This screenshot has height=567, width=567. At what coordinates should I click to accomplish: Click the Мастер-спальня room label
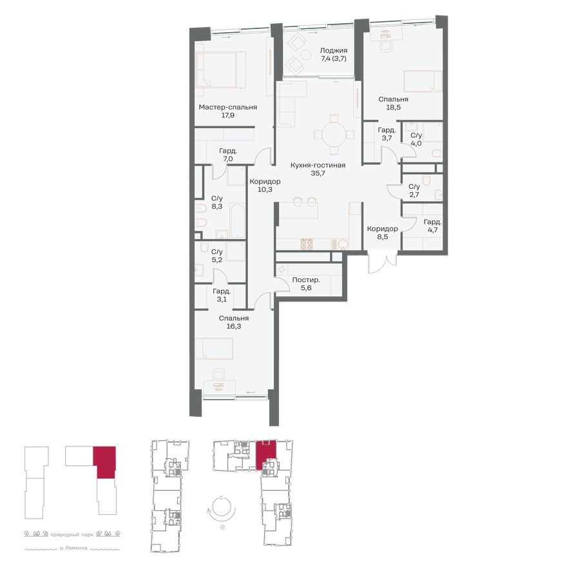[x=227, y=108]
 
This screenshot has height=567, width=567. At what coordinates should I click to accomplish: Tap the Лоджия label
[x=334, y=50]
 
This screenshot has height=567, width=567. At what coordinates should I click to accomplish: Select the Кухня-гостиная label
[x=318, y=166]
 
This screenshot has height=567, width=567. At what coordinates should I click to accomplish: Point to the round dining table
[x=334, y=134]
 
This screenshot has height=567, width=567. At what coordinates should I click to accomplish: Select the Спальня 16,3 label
[x=233, y=318]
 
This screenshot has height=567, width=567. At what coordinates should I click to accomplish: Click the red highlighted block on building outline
[x=104, y=460]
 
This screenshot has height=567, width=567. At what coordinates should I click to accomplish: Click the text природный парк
[x=73, y=533]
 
